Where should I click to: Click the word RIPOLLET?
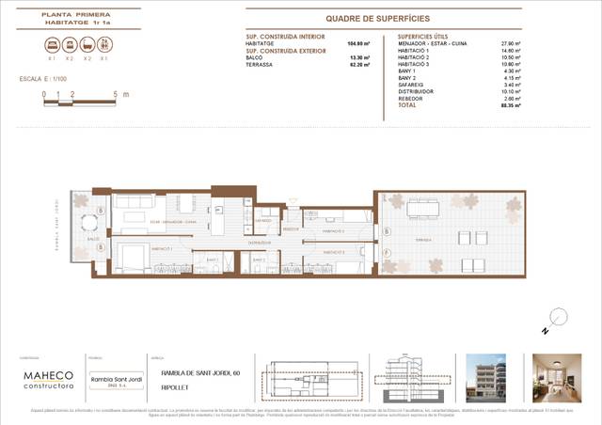(x=174, y=386)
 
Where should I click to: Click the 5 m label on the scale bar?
(x=114, y=95)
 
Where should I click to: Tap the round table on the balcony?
(x=90, y=224)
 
